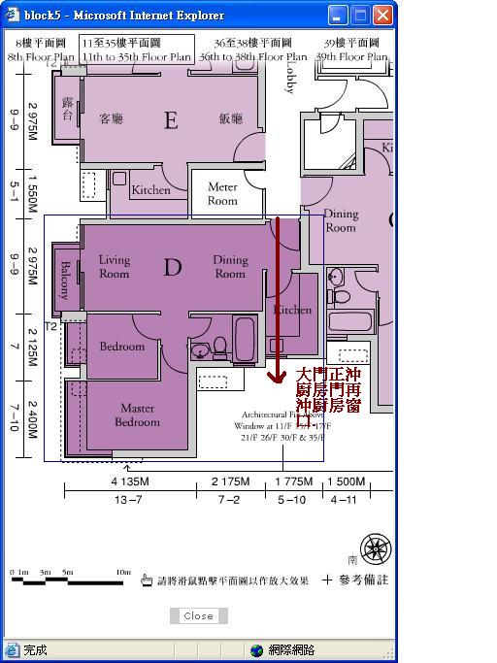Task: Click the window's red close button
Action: [382, 16]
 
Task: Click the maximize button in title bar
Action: [360, 16]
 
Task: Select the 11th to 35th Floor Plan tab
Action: [137, 50]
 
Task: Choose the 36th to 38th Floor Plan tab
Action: [252, 50]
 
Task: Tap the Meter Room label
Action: [222, 194]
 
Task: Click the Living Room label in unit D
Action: [115, 267]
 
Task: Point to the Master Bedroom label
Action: [137, 415]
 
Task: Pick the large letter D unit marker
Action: [172, 267]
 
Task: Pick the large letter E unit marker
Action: [171, 121]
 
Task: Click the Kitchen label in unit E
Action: [150, 190]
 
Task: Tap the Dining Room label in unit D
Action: [230, 267]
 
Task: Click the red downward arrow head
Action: [278, 375]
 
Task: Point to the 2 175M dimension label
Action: [229, 481]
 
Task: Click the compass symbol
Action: [375, 547]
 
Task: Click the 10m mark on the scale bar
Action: [122, 572]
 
